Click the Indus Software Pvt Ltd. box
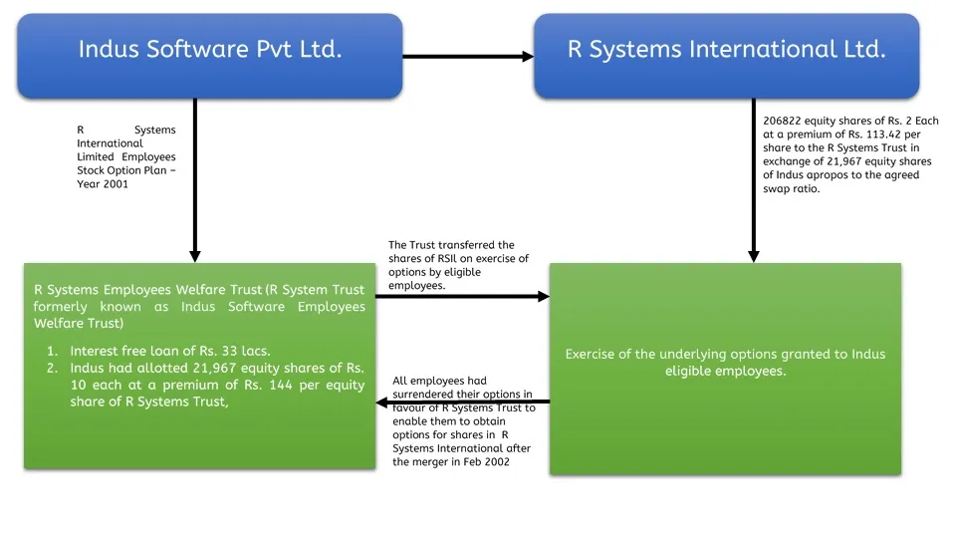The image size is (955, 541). (x=210, y=50)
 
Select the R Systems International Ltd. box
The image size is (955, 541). (x=726, y=50)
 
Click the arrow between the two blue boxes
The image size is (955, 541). (x=468, y=57)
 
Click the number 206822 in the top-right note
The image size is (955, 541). (x=783, y=122)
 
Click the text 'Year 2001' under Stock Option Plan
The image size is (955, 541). (x=103, y=184)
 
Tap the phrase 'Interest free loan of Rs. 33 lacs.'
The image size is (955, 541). (x=170, y=351)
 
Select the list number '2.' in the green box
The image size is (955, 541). (x=53, y=369)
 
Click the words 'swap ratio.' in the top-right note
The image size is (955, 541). (x=792, y=189)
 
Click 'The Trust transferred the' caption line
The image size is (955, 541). (x=451, y=245)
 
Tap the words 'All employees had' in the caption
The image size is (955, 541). (x=439, y=381)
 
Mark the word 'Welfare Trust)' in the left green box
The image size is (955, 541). (x=78, y=324)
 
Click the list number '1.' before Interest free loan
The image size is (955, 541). (x=53, y=351)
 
